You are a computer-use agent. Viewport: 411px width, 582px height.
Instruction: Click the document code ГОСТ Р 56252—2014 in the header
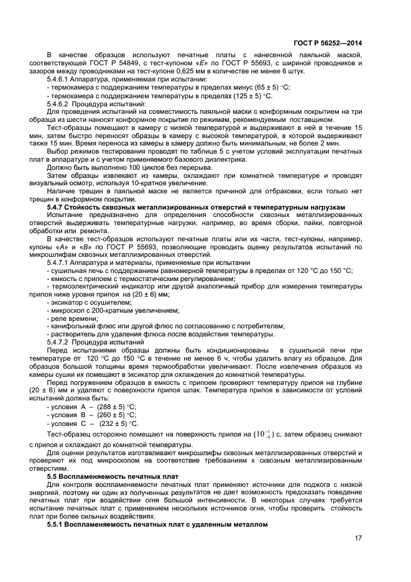(x=327, y=43)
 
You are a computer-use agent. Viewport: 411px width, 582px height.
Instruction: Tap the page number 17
(x=358, y=538)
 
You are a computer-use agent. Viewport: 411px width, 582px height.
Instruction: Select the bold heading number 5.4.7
(x=57, y=206)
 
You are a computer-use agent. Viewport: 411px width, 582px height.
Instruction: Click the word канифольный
(x=70, y=326)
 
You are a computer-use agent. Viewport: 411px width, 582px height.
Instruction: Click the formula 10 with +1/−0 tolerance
(x=260, y=434)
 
